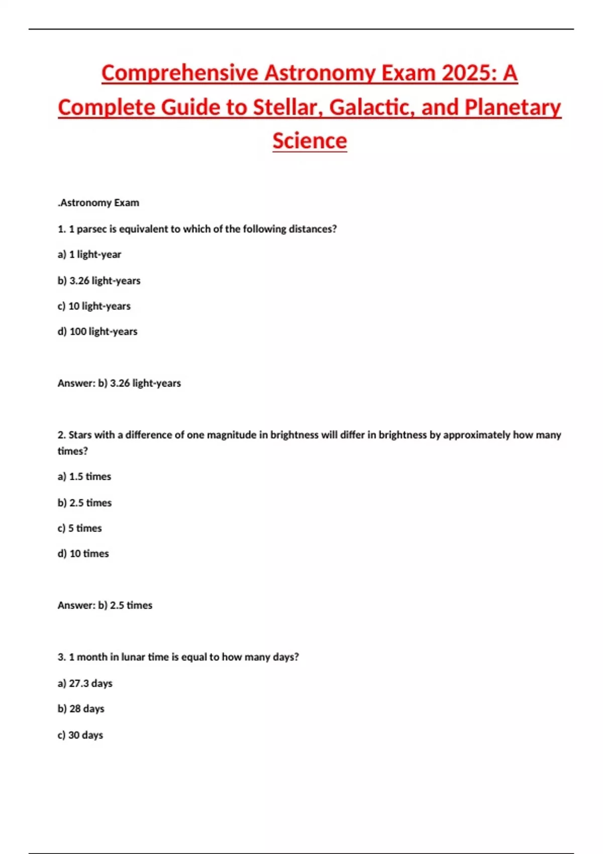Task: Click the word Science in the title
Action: [310, 141]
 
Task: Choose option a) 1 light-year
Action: [89, 255]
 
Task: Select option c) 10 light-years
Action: [94, 306]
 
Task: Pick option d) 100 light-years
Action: [97, 332]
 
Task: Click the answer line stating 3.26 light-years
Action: [119, 383]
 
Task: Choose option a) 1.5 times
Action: [84, 477]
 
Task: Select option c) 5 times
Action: [79, 528]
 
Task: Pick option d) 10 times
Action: [83, 554]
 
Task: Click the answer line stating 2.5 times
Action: [105, 605]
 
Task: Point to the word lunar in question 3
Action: [133, 657]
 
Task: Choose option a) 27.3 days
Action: [85, 683]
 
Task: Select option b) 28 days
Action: [81, 709]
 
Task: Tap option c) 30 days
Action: [80, 735]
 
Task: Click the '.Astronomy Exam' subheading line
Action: [98, 203]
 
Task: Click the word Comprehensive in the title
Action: [179, 73]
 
